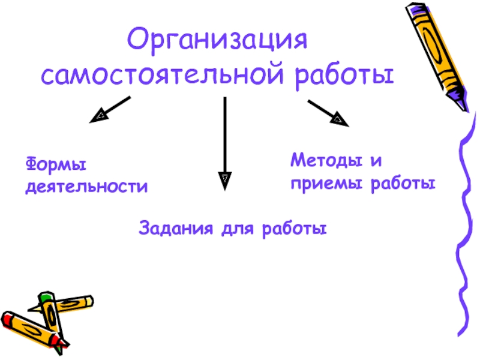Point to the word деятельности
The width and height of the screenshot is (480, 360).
point(86,187)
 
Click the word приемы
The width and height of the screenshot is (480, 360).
point(319,182)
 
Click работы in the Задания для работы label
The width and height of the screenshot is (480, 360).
point(293,229)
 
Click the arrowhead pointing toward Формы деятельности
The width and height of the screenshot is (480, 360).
point(97,117)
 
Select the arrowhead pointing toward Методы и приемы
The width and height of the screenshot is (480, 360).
point(340,119)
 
